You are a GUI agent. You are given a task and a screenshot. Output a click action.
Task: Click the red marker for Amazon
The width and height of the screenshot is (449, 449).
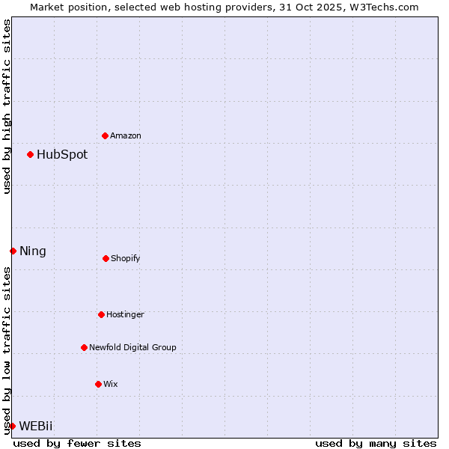coord(105,135)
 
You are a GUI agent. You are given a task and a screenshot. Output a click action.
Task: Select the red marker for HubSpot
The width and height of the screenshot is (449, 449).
coord(30,154)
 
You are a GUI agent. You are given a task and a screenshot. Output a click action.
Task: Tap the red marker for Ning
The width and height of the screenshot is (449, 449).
coord(13,251)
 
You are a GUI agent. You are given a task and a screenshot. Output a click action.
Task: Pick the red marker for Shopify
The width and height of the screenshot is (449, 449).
coord(106,258)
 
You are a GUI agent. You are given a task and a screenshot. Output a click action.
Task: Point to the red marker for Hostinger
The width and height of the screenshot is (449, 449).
coord(101,314)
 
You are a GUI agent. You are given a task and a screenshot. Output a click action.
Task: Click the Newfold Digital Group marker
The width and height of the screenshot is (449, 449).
coord(84,347)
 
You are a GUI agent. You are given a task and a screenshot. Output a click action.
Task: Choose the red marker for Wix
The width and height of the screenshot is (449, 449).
coord(98,384)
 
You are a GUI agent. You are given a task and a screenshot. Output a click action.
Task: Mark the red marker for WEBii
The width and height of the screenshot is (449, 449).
coord(12,426)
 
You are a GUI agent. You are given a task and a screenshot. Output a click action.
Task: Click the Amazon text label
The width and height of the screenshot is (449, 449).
coord(126,136)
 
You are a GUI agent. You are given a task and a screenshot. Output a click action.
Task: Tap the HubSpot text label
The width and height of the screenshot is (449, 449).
coord(62,155)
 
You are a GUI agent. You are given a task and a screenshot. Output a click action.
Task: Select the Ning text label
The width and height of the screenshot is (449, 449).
coord(33,251)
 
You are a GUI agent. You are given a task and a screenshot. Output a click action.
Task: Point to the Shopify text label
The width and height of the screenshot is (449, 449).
coord(126,259)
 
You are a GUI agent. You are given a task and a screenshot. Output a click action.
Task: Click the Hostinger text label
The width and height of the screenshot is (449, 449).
coord(125,315)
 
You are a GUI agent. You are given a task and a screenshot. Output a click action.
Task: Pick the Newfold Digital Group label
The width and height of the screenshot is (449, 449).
coord(132,348)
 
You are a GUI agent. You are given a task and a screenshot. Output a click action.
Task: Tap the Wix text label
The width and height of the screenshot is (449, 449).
coord(111,385)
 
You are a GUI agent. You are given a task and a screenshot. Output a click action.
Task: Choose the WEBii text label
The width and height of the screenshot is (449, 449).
coord(36,427)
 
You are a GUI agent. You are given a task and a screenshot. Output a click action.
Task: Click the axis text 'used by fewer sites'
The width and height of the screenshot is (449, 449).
coord(77,443)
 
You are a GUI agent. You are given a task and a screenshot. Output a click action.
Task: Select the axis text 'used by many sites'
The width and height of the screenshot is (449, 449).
coord(376,443)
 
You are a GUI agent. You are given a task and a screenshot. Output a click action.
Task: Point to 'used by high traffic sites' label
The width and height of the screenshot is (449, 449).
coord(7,106)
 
